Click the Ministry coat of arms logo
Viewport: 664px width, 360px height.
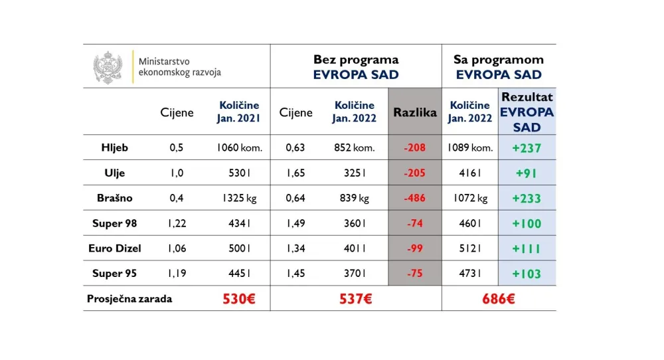coord(108,67)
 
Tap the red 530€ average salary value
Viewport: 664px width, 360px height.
coord(239,299)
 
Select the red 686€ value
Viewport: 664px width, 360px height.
coord(499,299)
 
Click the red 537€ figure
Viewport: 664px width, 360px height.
coord(355,299)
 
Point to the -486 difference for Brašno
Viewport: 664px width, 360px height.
coord(414,198)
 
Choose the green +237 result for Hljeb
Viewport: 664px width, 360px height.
coord(527,148)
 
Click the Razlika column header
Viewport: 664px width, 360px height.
coord(414,112)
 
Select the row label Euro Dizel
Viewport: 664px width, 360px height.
coord(114,248)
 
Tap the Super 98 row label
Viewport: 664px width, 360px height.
coord(114,223)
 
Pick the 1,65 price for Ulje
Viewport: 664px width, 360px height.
coord(295,173)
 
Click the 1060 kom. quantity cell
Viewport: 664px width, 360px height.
coord(239,148)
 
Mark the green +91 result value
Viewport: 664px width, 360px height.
coord(527,173)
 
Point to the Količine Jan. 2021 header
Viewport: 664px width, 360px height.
coord(239,112)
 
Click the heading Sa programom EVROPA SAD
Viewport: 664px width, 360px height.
coord(499,67)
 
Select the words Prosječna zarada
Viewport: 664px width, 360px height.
coord(129,299)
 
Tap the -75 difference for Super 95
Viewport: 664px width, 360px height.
coord(414,274)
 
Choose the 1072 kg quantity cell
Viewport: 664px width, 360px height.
coord(470,198)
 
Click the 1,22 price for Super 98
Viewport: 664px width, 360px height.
coord(177,223)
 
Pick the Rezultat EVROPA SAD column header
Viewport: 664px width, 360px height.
coord(527,112)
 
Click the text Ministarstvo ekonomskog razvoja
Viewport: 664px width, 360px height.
coord(179,67)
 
